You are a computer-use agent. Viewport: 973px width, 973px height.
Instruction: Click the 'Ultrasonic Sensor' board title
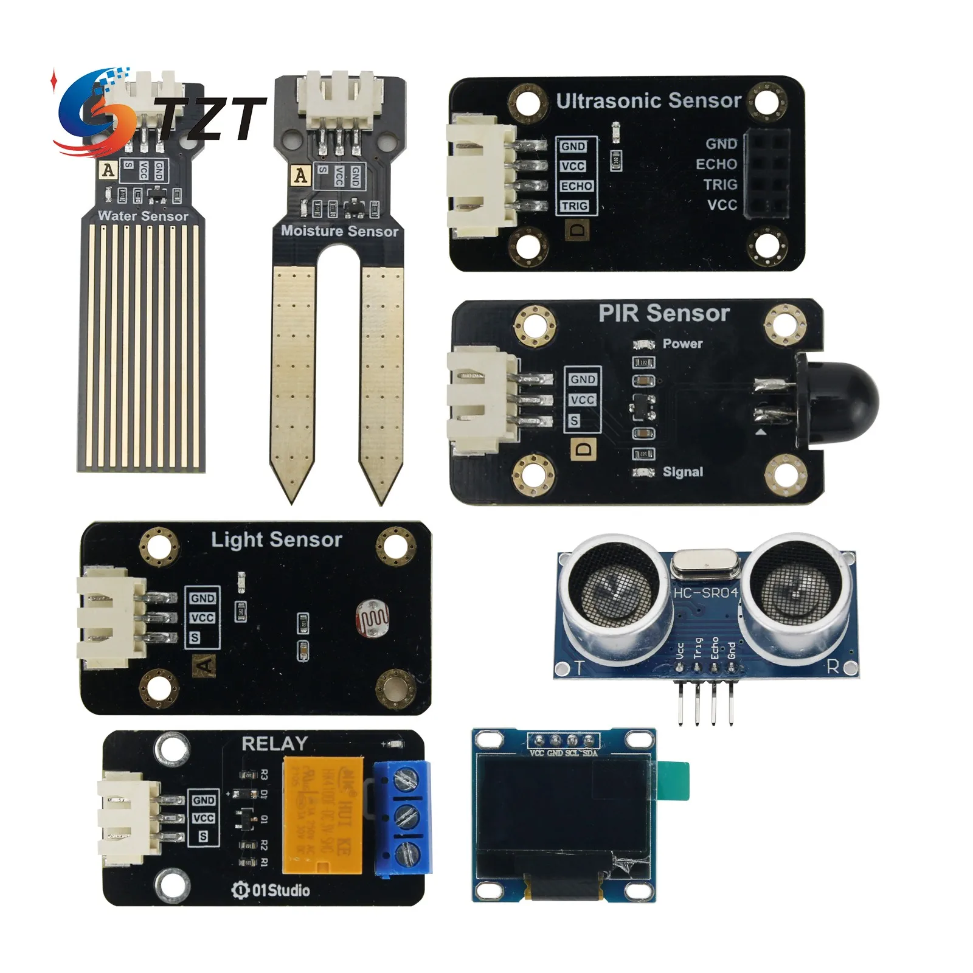coord(648,101)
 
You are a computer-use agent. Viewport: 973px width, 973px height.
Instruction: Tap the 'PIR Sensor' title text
coord(663,313)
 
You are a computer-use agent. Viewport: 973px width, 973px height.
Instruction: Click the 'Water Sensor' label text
coord(143,216)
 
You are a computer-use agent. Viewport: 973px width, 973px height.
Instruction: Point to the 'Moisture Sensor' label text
coord(339,231)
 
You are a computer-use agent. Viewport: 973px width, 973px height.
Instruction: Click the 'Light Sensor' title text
coord(276,539)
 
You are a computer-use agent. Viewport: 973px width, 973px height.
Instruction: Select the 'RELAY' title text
coord(274,744)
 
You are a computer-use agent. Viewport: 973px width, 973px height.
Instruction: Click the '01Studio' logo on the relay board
coord(271,890)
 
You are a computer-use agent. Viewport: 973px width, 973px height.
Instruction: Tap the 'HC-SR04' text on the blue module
coord(706,592)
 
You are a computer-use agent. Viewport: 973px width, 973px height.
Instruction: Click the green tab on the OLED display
coord(674,781)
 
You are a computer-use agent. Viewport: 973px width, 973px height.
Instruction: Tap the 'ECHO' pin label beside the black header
coord(716,164)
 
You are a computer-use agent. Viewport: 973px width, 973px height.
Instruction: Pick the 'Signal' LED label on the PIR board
coord(682,472)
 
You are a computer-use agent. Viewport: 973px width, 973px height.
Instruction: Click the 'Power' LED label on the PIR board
coord(682,344)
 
